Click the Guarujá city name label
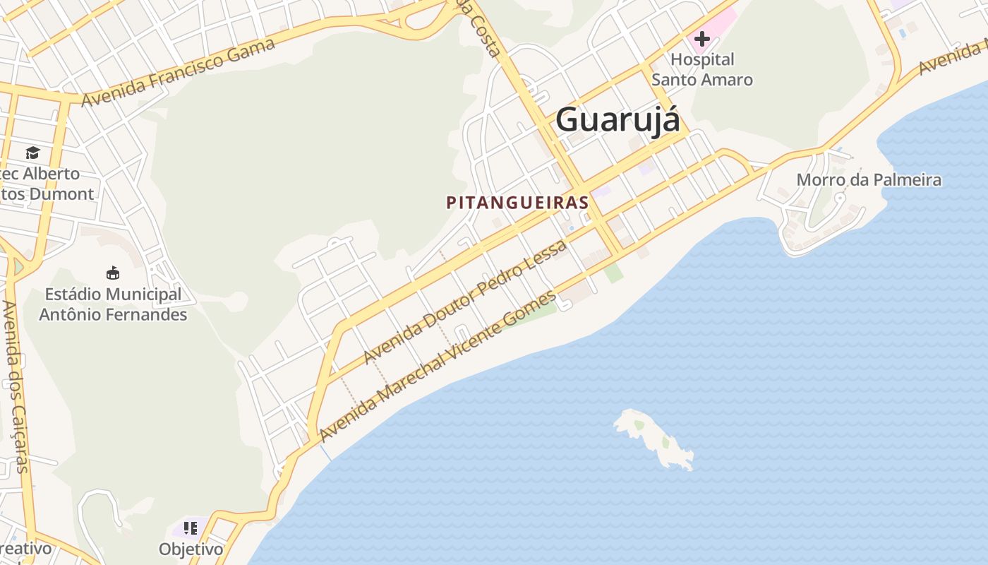point(617,120)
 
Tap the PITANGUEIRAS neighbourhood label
point(517,203)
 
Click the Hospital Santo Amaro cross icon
point(701,39)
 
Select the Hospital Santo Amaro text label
point(701,69)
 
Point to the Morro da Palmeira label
point(869,180)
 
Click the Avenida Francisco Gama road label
point(178,73)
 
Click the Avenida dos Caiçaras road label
point(16,386)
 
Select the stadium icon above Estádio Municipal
point(112,273)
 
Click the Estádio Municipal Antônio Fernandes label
point(113,304)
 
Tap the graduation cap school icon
point(32,153)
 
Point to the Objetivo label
point(191,549)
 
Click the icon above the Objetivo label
point(190,528)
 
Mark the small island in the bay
point(653,438)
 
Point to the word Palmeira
point(906,180)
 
